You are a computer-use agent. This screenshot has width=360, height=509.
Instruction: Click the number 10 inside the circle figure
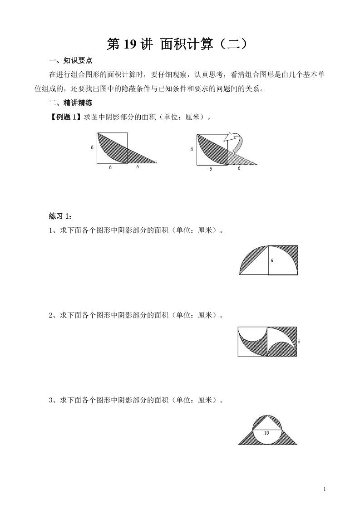click(x=266, y=433)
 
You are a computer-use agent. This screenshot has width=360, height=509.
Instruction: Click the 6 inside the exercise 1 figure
click(x=271, y=261)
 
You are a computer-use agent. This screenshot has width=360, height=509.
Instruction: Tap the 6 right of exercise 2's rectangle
click(x=299, y=341)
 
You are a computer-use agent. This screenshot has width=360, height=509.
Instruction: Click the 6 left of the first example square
click(x=93, y=147)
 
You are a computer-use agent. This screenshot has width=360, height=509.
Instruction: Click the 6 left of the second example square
click(x=192, y=149)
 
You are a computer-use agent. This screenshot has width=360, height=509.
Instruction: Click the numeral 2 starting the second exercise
click(x=51, y=315)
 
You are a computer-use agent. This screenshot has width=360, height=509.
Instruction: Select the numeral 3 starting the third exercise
click(x=51, y=400)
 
